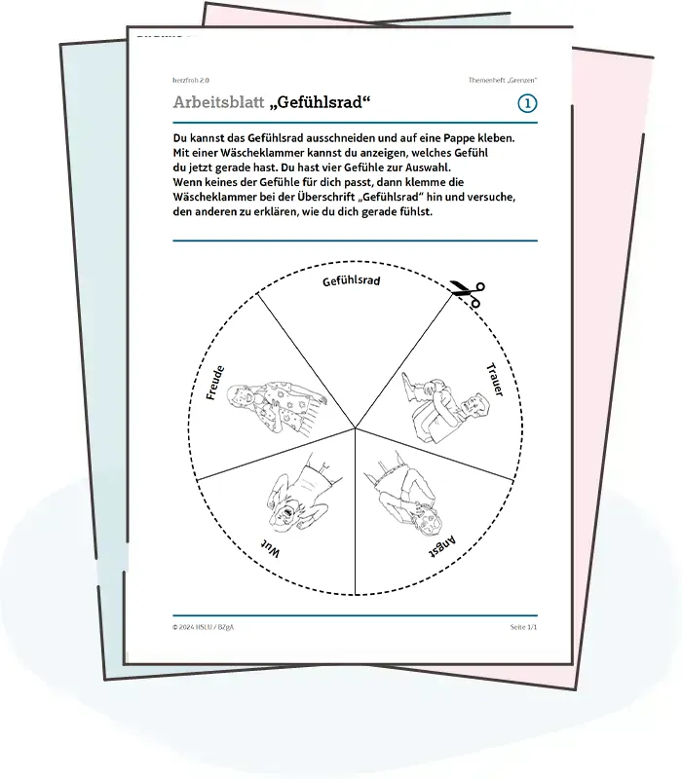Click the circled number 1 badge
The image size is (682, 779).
point(527,103)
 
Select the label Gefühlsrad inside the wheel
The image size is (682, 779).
point(352,282)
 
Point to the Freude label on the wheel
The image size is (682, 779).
point(216,383)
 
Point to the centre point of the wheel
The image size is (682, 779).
point(355,429)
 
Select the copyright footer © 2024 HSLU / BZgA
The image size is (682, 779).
point(204,627)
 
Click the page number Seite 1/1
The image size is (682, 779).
point(523,627)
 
